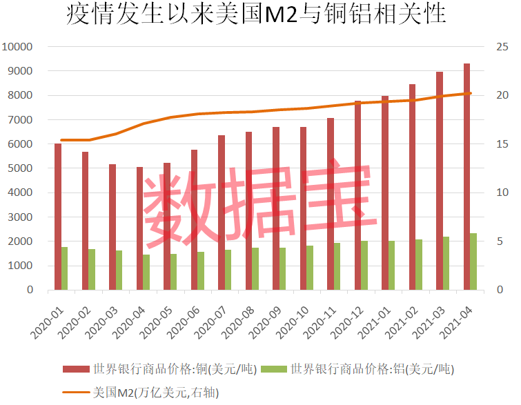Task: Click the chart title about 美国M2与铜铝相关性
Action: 256,15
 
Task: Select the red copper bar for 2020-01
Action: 58,217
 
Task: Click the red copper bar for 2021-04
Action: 466,177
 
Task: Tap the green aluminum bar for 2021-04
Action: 473,261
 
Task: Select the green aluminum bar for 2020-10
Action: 310,268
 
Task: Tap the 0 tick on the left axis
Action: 30,290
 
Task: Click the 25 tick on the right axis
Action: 501,47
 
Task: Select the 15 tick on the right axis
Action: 501,144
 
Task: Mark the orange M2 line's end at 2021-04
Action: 470,93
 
